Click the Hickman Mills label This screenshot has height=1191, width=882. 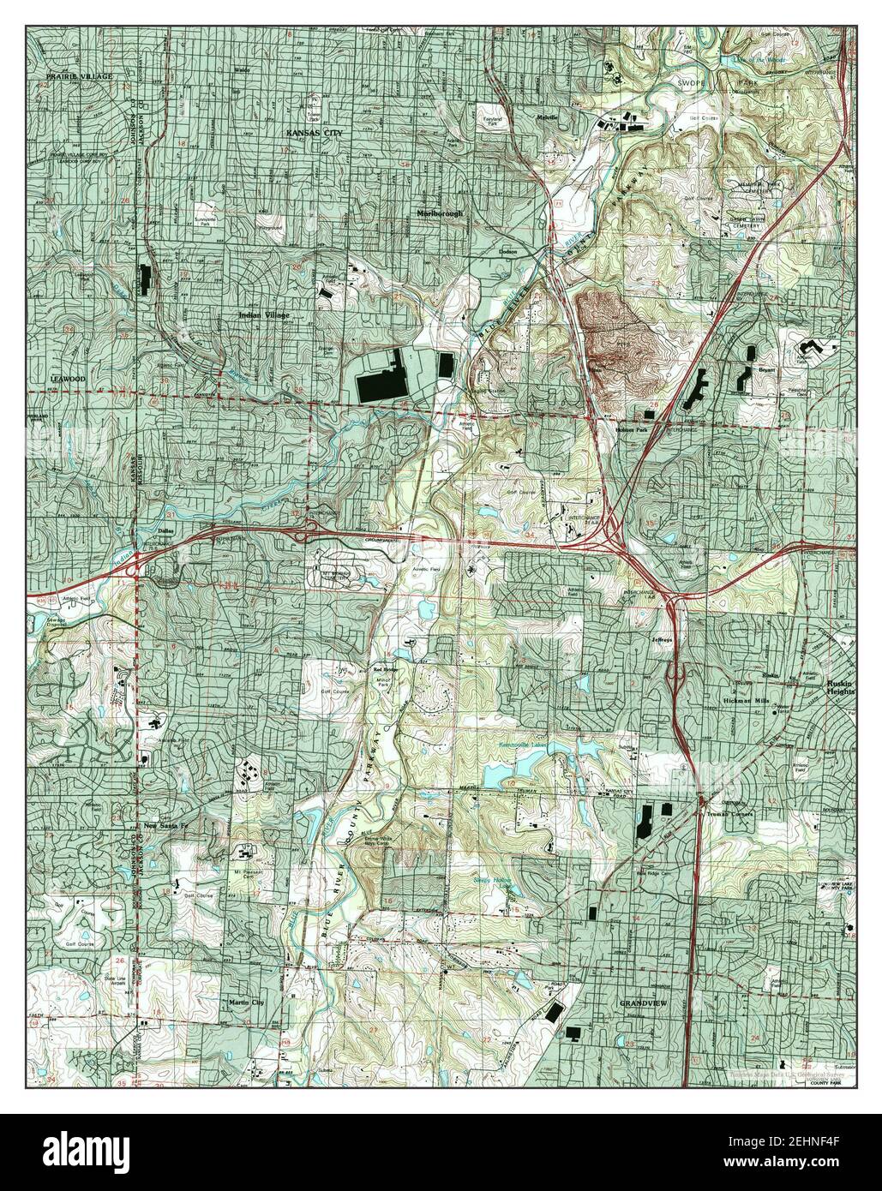(x=753, y=699)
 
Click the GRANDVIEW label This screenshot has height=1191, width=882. (x=642, y=1002)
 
